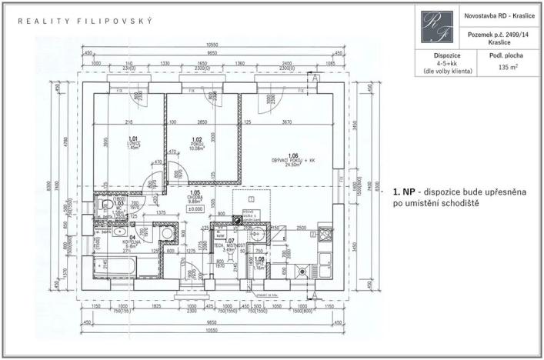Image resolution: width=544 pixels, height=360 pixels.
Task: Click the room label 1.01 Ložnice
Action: tap(132, 143)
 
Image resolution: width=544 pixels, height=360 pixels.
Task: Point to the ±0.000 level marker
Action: tap(195, 208)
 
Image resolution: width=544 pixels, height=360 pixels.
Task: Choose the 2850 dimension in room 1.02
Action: tap(203, 122)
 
